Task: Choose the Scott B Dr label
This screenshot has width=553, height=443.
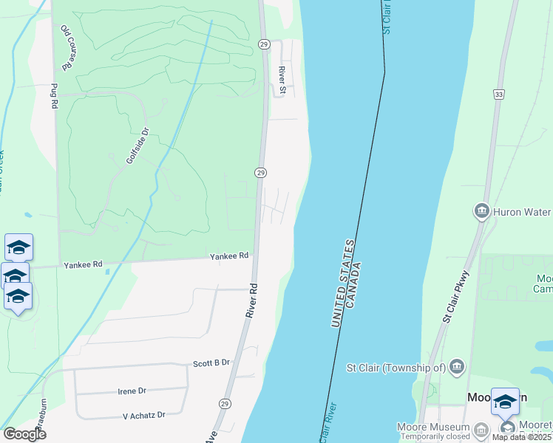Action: tap(212, 363)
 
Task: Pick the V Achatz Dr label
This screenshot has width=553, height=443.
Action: tap(144, 416)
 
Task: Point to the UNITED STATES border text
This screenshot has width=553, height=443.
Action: tap(342, 283)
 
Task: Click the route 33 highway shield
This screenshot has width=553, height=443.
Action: tap(499, 94)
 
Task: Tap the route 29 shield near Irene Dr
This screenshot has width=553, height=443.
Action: tap(224, 404)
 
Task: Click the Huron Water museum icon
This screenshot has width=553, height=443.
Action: tap(482, 212)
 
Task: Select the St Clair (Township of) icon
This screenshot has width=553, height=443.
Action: tap(457, 367)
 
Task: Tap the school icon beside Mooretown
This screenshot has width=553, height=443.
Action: tap(506, 402)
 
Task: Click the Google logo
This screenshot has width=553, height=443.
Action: tap(24, 434)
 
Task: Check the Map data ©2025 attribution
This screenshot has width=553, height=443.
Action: tap(520, 437)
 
